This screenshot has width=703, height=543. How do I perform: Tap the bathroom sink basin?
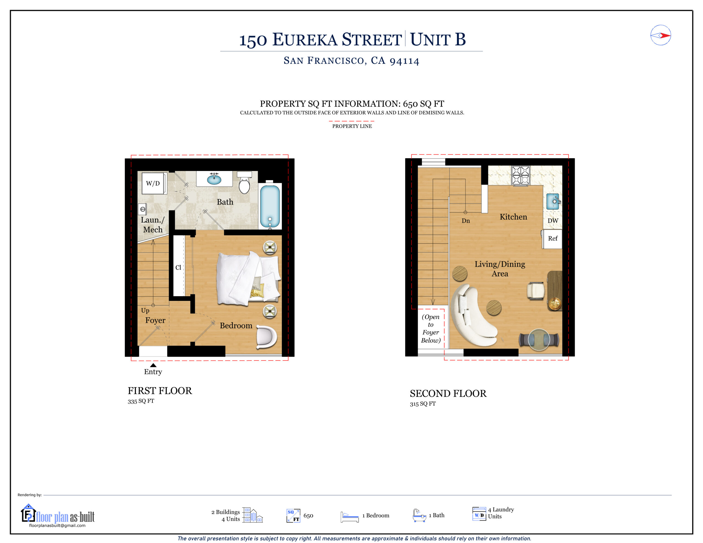point(214,179)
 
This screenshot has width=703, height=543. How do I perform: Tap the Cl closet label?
point(178,267)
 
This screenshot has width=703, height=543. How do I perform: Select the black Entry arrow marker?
point(153,365)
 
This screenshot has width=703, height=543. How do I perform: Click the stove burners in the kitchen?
point(520,175)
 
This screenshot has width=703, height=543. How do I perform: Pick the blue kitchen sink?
point(553,201)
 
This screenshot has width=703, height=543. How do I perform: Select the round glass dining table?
point(539,340)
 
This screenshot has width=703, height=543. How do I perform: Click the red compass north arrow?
point(665,35)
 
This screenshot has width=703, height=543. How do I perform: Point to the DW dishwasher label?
point(553,221)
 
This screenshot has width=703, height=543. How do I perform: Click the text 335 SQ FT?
point(141,401)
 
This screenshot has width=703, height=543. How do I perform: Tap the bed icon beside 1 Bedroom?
point(350,517)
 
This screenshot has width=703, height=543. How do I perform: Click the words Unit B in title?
point(438,40)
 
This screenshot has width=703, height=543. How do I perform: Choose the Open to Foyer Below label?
point(431,328)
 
